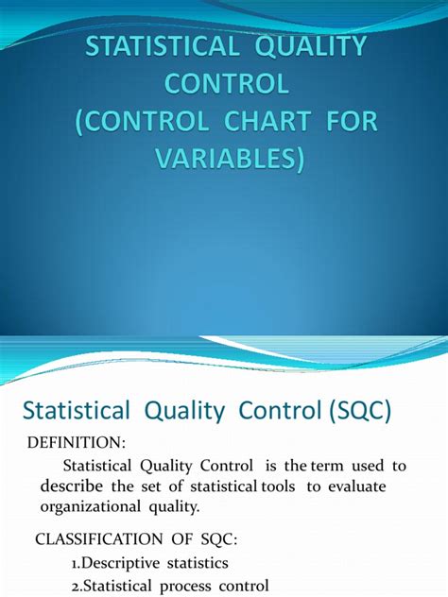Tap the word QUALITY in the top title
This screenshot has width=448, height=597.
pos(311,48)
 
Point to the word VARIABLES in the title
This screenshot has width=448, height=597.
pos(225,159)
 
